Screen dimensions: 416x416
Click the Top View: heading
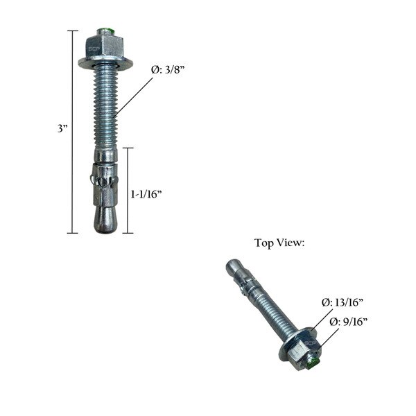click(x=279, y=243)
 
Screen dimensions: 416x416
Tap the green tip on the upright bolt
click(x=105, y=31)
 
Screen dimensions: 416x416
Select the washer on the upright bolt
click(x=105, y=64)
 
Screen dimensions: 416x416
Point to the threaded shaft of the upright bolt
click(x=105, y=104)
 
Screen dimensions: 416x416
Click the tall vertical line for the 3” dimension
click(x=72, y=132)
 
